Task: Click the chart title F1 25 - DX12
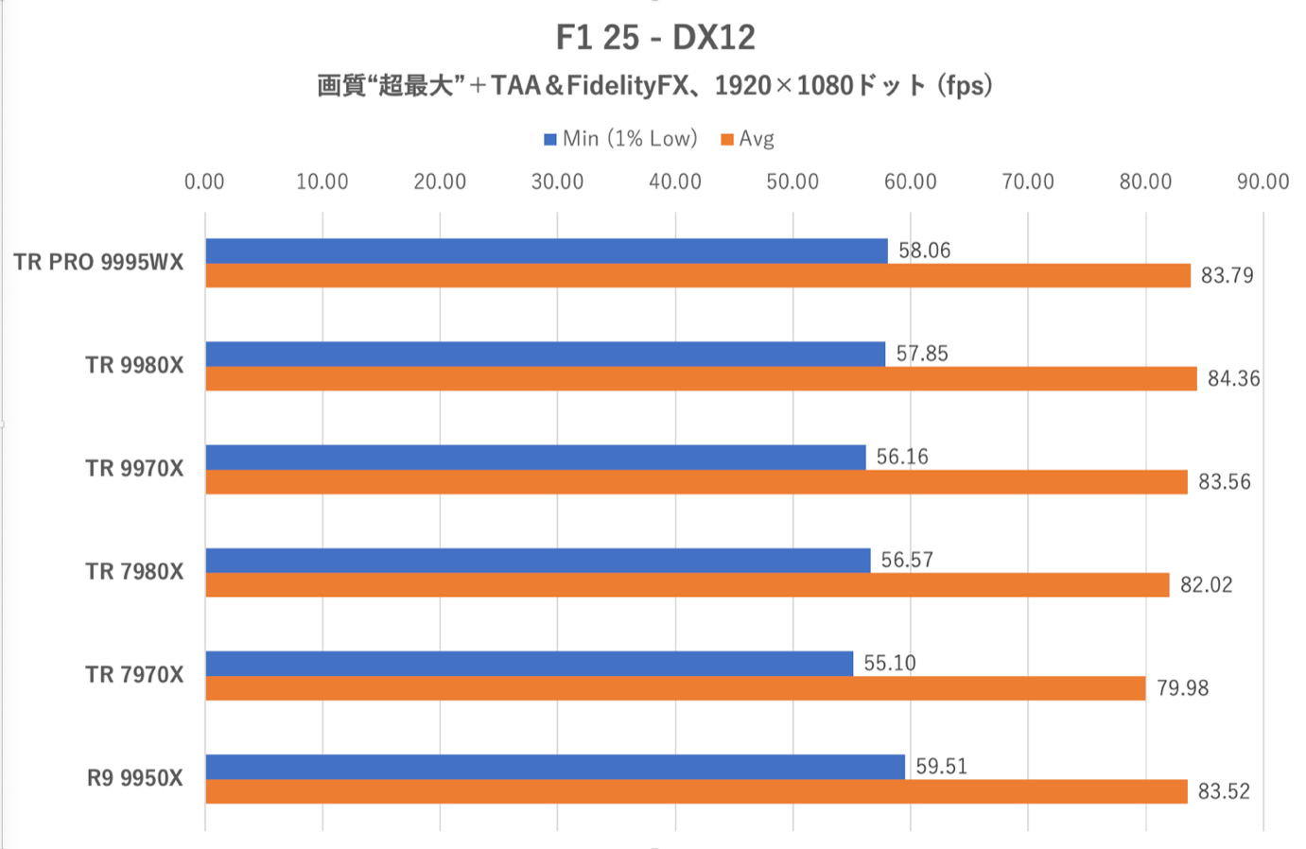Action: tap(655, 38)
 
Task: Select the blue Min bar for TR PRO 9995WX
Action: tap(547, 251)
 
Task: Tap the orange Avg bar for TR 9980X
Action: tap(701, 379)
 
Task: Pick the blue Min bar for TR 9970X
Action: tap(535, 457)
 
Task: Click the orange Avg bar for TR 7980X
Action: tap(688, 585)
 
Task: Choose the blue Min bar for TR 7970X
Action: tap(530, 663)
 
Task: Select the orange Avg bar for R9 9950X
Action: tap(696, 791)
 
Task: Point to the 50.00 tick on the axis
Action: tap(792, 182)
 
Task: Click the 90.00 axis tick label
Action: tap(1262, 182)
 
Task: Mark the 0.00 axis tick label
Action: tap(204, 182)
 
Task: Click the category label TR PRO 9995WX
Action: tap(98, 263)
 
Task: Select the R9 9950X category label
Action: tap(135, 778)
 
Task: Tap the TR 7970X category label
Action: tap(134, 675)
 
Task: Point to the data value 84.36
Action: tap(1233, 379)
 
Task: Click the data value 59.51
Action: tap(941, 766)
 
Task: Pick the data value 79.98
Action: tap(1182, 688)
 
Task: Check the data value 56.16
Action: tap(902, 457)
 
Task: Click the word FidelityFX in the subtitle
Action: tap(627, 86)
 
